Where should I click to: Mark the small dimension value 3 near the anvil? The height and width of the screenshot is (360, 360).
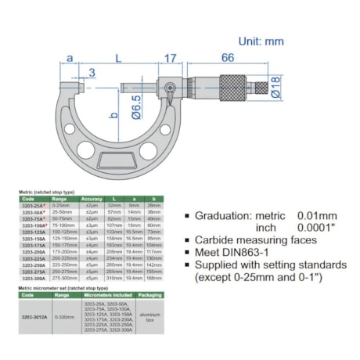click(x=92, y=74)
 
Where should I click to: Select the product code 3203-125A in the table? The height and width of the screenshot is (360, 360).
click(x=31, y=232)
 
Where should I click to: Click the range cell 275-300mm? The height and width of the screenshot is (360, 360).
click(x=62, y=278)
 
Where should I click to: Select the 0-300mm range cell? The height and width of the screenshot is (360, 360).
click(x=62, y=314)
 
